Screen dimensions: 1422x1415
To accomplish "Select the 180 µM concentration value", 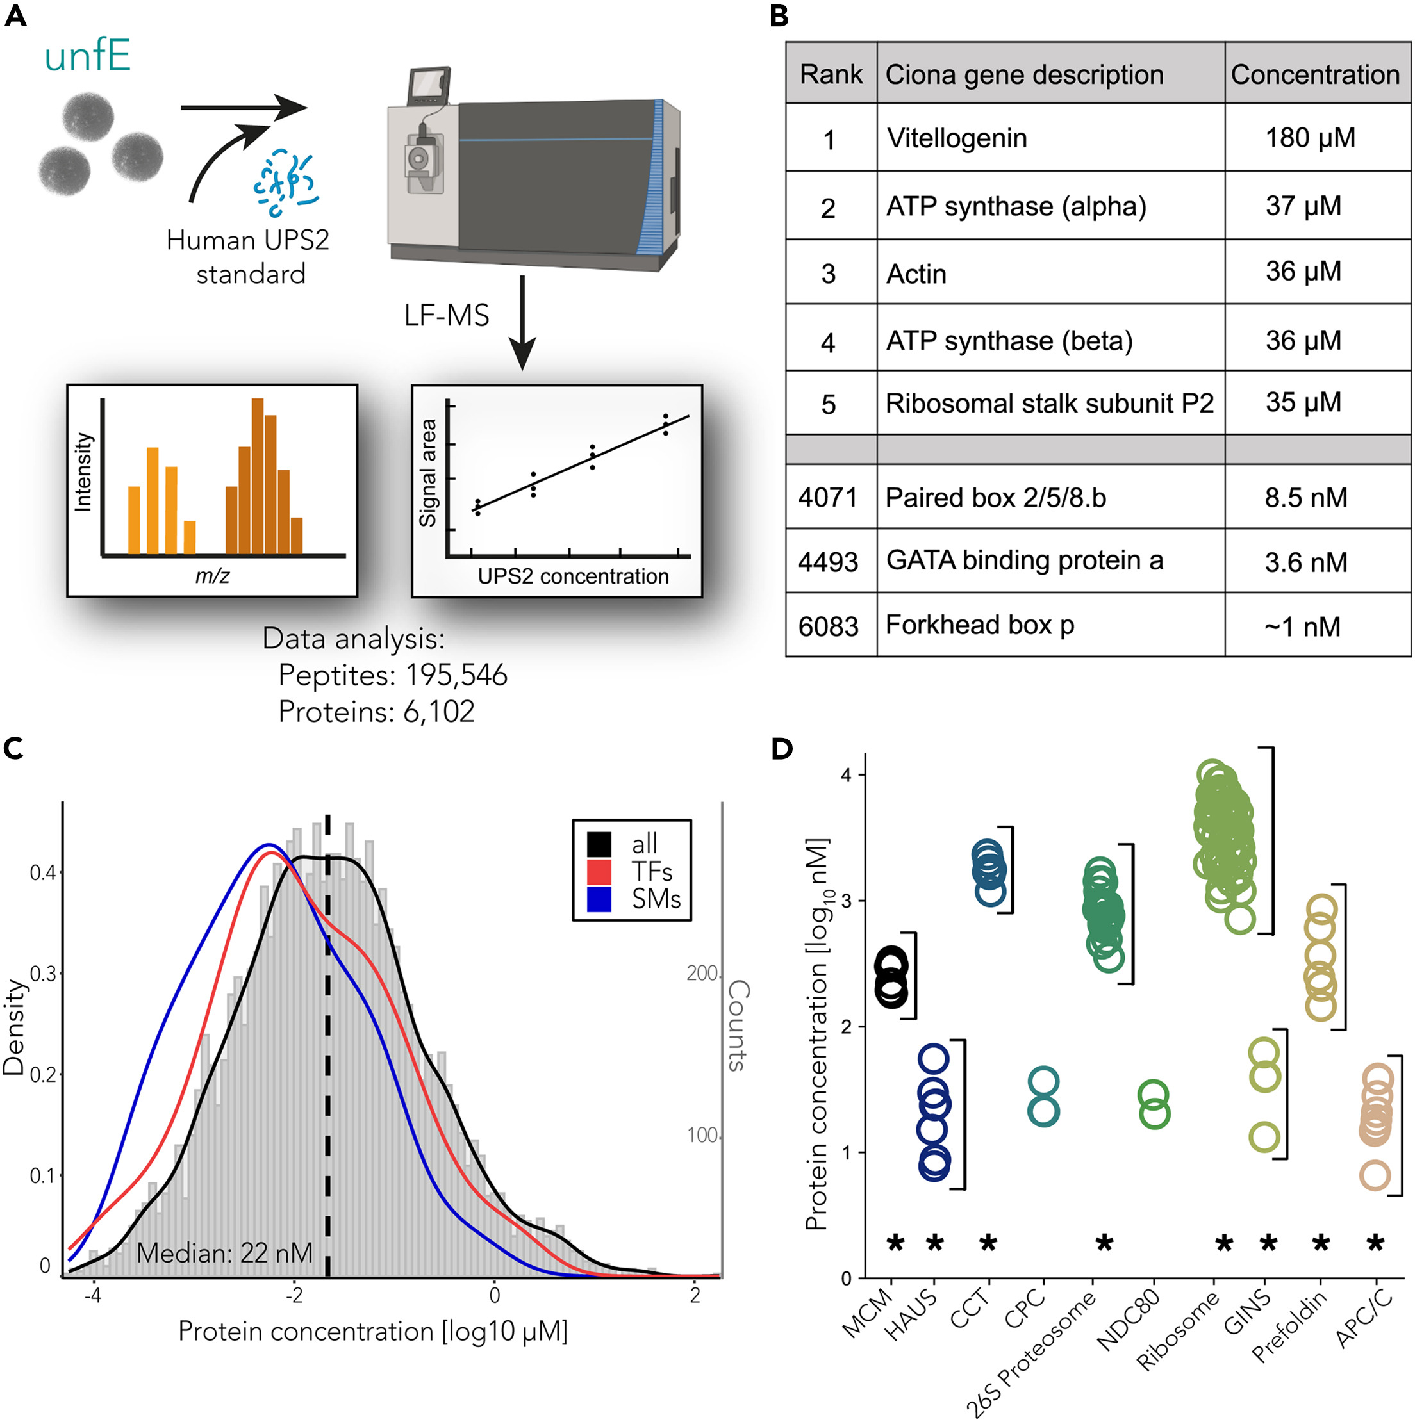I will [x=1310, y=138].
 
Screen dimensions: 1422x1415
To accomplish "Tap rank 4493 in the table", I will [x=828, y=562].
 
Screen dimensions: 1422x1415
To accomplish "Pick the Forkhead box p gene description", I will [x=979, y=625].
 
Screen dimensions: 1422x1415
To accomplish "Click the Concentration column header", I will [x=1315, y=74].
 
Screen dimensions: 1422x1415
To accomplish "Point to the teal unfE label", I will [x=88, y=56].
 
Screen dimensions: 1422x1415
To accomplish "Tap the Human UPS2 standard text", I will [x=248, y=257].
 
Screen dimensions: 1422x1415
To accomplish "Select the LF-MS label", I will [x=446, y=315].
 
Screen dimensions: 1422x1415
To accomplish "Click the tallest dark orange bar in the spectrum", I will [x=257, y=475].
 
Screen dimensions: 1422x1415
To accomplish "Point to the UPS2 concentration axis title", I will [x=573, y=576].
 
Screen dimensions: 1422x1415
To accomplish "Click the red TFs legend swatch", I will [x=599, y=871].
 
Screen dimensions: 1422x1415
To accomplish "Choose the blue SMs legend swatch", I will [x=599, y=899].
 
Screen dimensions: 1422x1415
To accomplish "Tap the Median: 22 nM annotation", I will [x=224, y=1253].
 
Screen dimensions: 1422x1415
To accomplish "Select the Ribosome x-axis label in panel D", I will [x=1177, y=1339].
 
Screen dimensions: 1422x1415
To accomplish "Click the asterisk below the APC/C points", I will [x=1375, y=1243].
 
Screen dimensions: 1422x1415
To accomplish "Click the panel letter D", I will [x=782, y=749].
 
